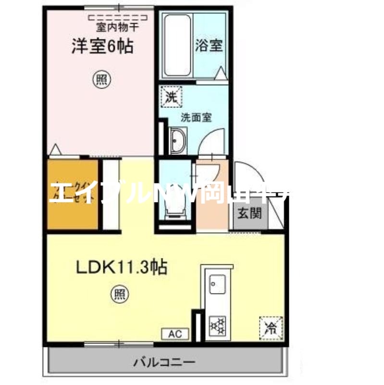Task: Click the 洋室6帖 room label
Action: [102, 47]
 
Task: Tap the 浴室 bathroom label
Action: [209, 46]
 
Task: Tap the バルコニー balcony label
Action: [165, 361]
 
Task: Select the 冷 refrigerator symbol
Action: [271, 328]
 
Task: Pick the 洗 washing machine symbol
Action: [172, 97]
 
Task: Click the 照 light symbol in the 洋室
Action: [100, 79]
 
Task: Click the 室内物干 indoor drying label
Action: [117, 27]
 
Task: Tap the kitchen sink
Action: [218, 284]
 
